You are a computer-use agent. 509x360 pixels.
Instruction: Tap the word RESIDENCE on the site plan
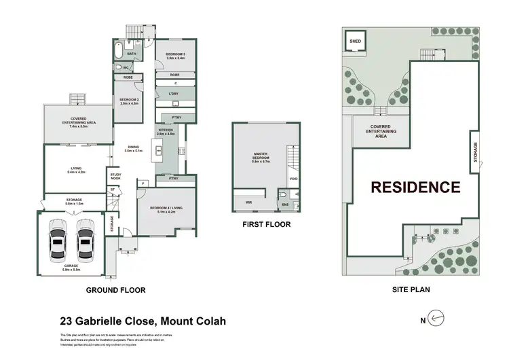415,187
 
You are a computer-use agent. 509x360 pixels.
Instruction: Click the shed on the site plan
355,42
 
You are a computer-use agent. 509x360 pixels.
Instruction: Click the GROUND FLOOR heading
116,290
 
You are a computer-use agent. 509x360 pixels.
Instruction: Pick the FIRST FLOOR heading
266,224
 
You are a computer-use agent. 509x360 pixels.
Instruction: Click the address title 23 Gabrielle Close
142,321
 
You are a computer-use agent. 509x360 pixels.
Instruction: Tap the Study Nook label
115,177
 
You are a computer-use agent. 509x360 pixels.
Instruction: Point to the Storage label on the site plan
474,152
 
